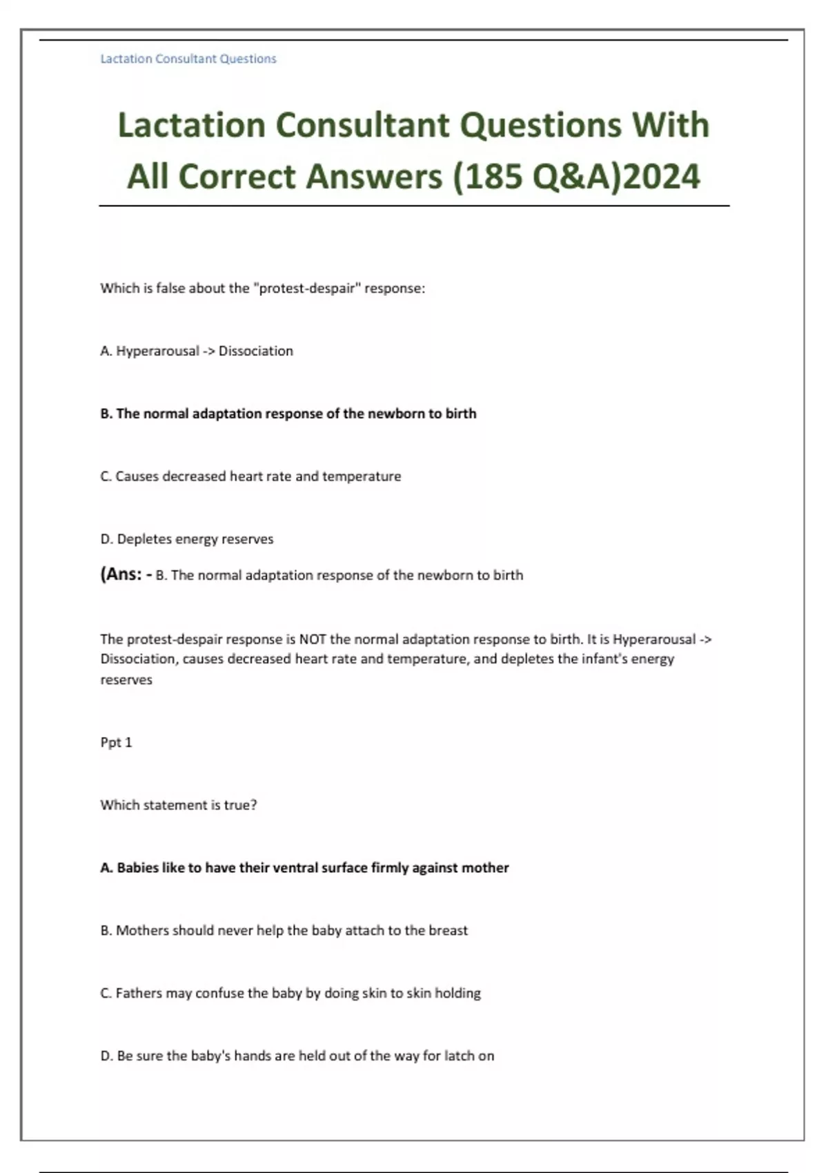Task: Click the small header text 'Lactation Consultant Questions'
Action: pos(188,59)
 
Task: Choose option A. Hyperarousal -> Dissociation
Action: pos(197,351)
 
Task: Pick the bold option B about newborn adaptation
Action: pos(288,414)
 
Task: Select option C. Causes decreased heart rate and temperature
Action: pos(250,476)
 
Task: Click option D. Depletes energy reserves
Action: pos(187,539)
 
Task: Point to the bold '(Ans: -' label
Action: pos(126,574)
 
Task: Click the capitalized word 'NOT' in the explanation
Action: pos(313,639)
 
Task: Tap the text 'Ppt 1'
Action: pos(116,742)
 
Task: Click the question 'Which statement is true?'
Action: pos(179,805)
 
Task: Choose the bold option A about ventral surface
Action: pos(304,867)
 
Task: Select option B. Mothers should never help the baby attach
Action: pos(284,930)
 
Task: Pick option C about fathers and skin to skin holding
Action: pos(290,993)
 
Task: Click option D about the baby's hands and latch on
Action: pos(297,1056)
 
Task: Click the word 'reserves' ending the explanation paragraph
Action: pos(126,680)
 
